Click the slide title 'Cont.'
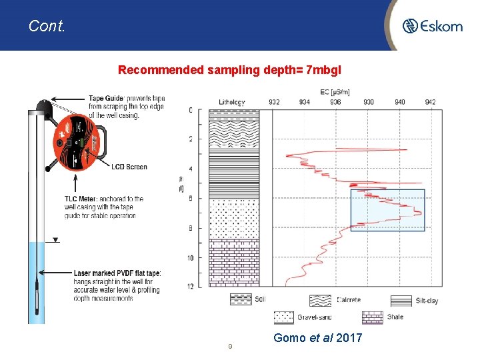pyautogui.click(x=47, y=26)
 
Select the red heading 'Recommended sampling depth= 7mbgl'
pyautogui.click(x=229, y=69)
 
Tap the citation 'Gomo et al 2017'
pyautogui.click(x=318, y=338)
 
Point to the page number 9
pyautogui.click(x=230, y=346)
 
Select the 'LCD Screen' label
pyautogui.click(x=129, y=167)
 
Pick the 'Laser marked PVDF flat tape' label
pyautogui.click(x=117, y=273)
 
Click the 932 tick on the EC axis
pyautogui.click(x=274, y=102)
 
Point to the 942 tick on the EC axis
pyautogui.click(x=430, y=102)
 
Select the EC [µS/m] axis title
pyautogui.click(x=335, y=91)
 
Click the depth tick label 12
pyautogui.click(x=190, y=286)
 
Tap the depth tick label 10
pyautogui.click(x=190, y=257)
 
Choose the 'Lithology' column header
pyautogui.click(x=232, y=102)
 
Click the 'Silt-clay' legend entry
pyautogui.click(x=425, y=301)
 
